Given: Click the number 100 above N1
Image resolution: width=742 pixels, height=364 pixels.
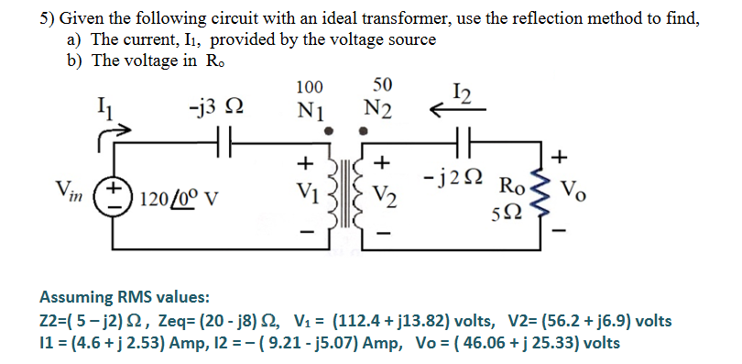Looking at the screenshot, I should coord(310,87).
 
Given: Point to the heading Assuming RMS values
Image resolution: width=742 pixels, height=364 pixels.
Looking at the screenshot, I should coord(125,297).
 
